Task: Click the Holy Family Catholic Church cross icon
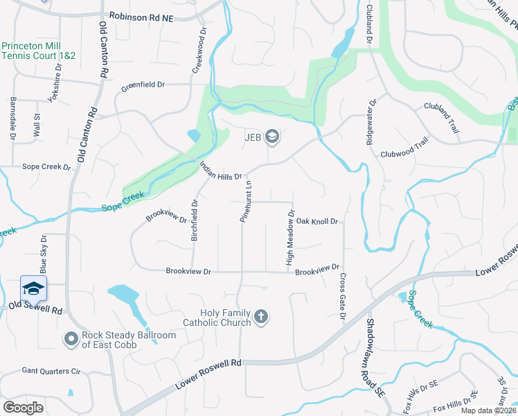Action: (261, 317)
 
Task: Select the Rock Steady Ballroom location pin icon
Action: (71, 339)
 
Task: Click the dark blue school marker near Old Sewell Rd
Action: (33, 288)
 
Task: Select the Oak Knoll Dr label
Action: (316, 221)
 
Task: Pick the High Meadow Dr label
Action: (290, 239)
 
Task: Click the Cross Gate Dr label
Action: (342, 297)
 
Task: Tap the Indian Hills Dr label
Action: (220, 171)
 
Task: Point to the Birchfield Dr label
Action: (195, 220)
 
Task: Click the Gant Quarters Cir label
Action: (51, 372)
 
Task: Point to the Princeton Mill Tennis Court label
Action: (38, 51)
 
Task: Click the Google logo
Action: (23, 408)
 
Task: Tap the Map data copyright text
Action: (488, 411)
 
